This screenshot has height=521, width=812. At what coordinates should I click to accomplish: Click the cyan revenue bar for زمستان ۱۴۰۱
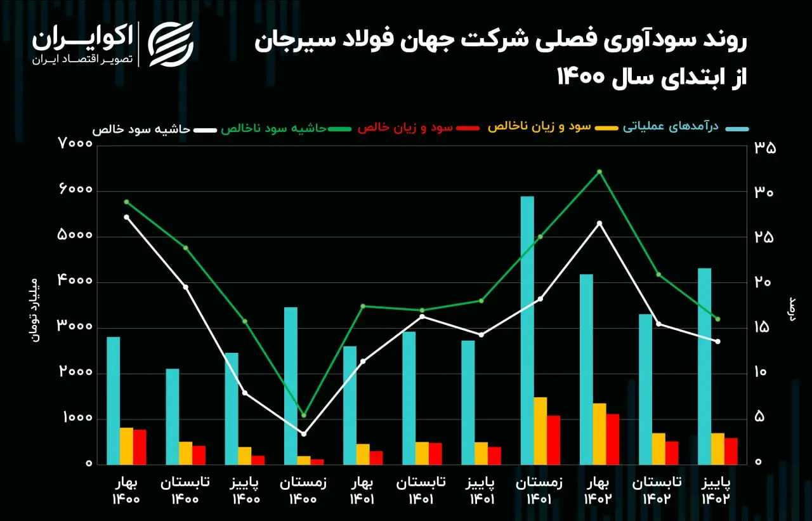pos(527,330)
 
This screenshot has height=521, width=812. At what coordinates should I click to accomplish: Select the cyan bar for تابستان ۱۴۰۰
pos(173,416)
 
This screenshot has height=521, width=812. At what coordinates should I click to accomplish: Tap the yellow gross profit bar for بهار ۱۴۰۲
pos(599,434)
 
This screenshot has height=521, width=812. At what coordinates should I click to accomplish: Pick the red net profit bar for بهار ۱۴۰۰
pos(140,447)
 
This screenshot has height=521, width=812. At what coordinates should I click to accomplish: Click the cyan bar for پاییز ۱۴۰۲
pos(704,367)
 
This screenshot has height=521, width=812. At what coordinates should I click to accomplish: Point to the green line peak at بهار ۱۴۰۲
pos(599,171)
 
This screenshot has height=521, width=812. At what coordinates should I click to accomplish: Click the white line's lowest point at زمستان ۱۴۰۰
pos(304,433)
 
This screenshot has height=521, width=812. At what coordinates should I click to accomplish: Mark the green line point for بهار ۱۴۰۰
pos(126,202)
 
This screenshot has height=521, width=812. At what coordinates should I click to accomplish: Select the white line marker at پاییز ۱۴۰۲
pos(717,341)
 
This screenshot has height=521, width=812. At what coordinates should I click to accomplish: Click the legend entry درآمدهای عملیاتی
pos(671,126)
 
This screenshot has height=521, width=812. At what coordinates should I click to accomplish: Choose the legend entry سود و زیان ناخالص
pos(539,127)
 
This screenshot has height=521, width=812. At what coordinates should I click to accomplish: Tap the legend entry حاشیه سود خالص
pos(141,129)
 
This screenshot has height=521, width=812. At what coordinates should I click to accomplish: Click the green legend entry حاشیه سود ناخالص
pos(274,128)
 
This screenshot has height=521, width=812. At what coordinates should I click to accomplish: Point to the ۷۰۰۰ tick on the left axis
pos(75,143)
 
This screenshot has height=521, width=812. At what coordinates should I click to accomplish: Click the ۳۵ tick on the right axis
pos(765,148)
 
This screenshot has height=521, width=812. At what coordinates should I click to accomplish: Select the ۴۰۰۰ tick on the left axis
pos(75,280)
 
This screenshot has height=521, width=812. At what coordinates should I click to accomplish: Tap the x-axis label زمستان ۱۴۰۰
pos(303,491)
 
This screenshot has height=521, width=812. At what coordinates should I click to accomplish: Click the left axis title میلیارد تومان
pos(35,310)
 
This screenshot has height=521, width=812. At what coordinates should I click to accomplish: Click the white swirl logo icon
pos(171,44)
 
